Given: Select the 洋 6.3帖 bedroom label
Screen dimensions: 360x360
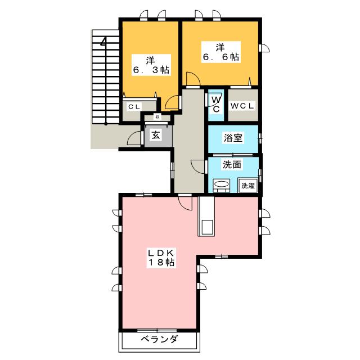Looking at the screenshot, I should tap(150, 64).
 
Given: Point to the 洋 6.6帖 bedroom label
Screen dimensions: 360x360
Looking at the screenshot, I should tap(219, 51).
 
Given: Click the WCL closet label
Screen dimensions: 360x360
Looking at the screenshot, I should tap(243, 105).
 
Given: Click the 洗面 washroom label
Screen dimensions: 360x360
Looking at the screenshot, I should tap(232, 165).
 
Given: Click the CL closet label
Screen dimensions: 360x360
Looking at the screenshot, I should tap(133, 106).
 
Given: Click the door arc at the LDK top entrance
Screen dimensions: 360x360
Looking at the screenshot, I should tap(185, 202).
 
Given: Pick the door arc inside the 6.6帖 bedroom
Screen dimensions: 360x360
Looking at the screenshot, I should tap(192, 80).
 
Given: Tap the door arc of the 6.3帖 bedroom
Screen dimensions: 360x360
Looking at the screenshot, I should tap(173, 102).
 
